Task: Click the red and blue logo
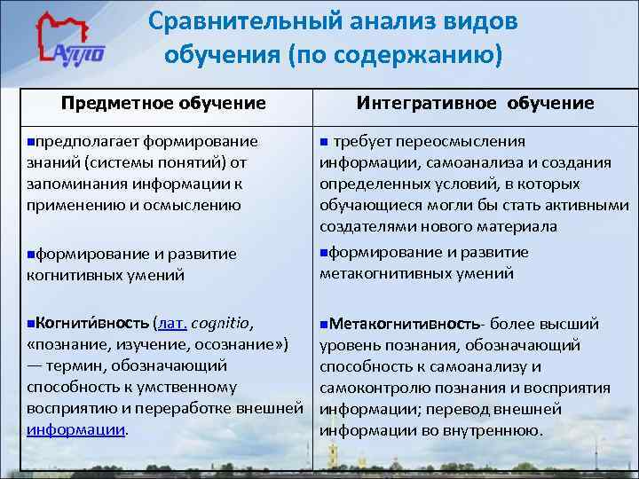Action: point(70,44)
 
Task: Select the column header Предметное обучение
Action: point(163,103)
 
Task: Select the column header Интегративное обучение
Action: point(475,103)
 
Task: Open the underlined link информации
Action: point(76,429)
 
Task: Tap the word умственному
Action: point(188,387)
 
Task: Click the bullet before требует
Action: point(324,142)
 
